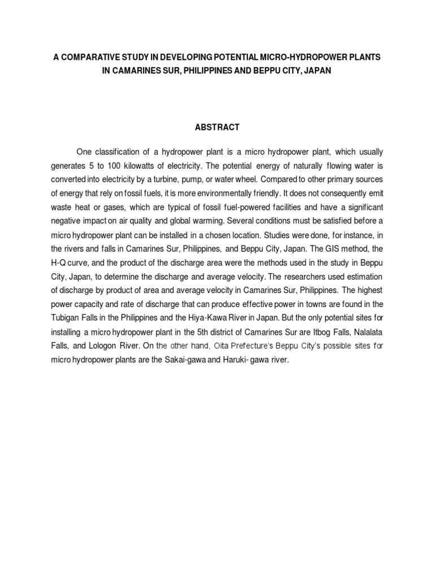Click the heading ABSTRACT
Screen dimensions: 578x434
tap(217, 128)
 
